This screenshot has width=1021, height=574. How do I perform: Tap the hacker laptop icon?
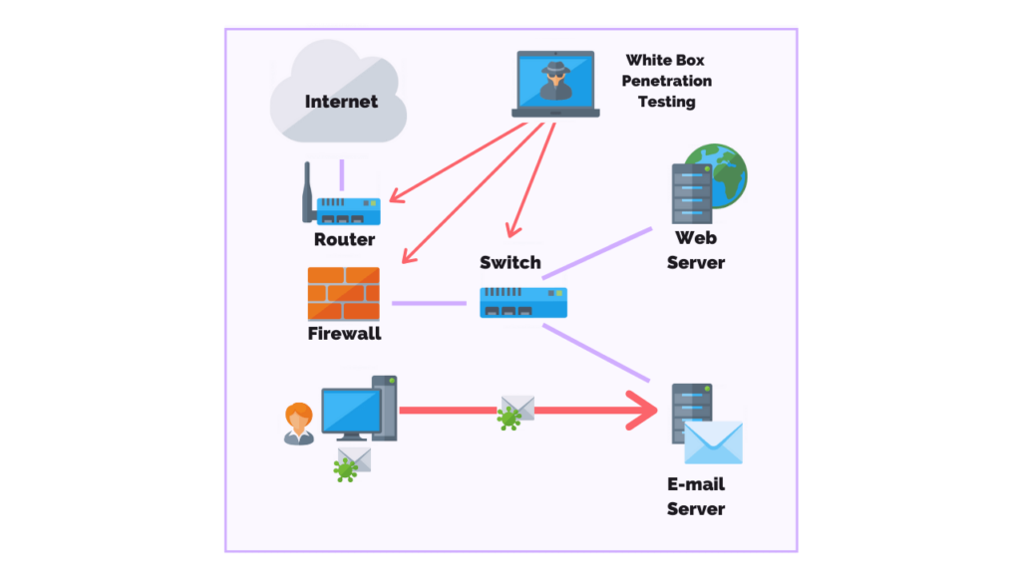point(557,84)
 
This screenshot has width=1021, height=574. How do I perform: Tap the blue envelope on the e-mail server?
point(713,442)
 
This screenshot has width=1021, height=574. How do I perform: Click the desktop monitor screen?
point(351,410)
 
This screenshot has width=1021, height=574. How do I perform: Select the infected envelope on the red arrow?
point(516,409)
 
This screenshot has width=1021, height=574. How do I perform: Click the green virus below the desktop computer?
point(345,468)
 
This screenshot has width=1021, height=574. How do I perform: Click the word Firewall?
point(344,334)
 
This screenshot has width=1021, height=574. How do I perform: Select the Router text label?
point(344,239)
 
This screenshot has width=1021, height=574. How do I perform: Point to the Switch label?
point(510,263)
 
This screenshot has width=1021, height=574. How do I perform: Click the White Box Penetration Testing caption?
point(667,81)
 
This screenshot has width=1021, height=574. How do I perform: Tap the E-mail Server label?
point(696,496)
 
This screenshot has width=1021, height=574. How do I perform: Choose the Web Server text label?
point(696,250)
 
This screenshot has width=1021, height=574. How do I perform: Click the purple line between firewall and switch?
point(429,303)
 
